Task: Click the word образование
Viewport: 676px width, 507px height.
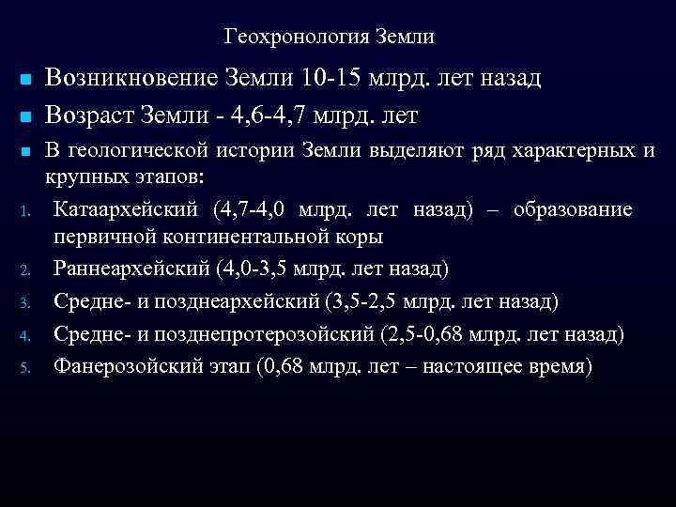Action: tap(573, 208)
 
